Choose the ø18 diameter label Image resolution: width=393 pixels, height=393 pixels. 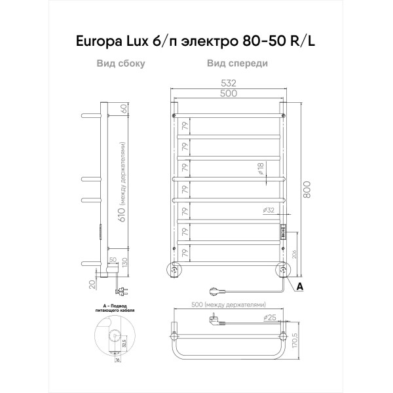click(260, 169)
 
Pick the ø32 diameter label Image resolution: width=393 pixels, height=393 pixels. click(268, 210)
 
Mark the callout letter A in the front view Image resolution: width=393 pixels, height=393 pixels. click(299, 286)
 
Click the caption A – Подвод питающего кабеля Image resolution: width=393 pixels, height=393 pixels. click(111, 309)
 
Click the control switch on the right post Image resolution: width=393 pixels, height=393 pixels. click(283, 231)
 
